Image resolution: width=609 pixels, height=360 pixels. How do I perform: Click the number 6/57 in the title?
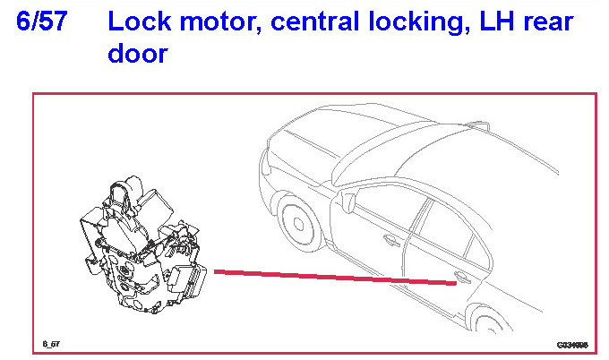pyautogui.click(x=42, y=21)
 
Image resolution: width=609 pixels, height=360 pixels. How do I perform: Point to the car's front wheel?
pyautogui.click(x=296, y=223)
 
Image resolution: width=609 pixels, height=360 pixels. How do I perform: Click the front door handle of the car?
pyautogui.click(x=391, y=240)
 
